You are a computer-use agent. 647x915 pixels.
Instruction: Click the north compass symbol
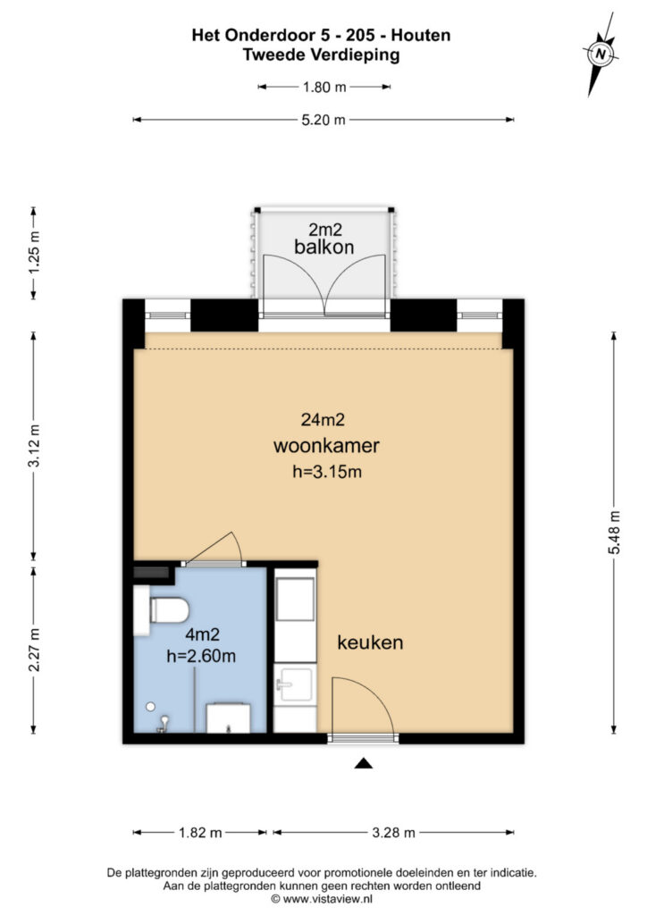coord(601,55)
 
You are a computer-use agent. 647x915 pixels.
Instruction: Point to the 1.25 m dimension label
coord(34,253)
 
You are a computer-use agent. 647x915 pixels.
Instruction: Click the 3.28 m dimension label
coord(393,833)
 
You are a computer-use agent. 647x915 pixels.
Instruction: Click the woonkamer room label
coord(326,446)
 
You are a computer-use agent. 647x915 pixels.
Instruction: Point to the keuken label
coord(370,642)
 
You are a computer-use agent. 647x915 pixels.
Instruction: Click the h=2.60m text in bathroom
coord(201,658)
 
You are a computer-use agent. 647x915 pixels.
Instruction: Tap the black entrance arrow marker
coord(363,762)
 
